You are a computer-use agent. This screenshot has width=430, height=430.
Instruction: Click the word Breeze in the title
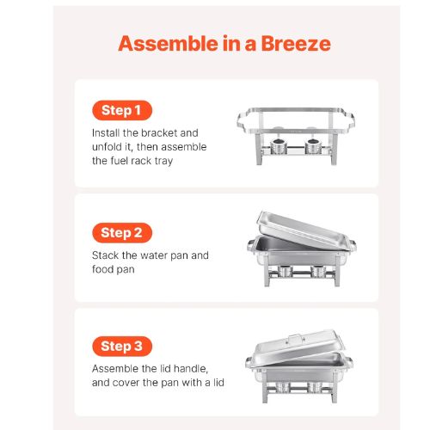(x=296, y=44)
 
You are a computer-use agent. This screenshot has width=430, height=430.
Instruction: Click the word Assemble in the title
(x=169, y=44)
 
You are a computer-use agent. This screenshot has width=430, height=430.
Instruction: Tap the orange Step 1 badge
(x=122, y=110)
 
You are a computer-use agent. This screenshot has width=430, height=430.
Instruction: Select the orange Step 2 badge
(x=122, y=233)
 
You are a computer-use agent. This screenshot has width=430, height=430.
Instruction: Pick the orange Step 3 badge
(x=122, y=347)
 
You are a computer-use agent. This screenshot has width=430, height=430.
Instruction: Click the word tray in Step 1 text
(x=163, y=161)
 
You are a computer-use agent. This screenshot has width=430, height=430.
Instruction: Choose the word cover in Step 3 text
(x=126, y=383)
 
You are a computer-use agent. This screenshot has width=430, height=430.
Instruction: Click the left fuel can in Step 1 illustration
(x=278, y=146)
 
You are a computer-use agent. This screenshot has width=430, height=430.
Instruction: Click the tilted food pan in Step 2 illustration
(x=303, y=230)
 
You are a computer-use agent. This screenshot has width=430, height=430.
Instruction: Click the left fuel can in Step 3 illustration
(x=282, y=387)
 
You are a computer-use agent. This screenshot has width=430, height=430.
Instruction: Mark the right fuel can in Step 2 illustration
(x=318, y=271)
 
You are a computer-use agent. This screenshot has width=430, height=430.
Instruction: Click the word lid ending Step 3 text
(x=218, y=383)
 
